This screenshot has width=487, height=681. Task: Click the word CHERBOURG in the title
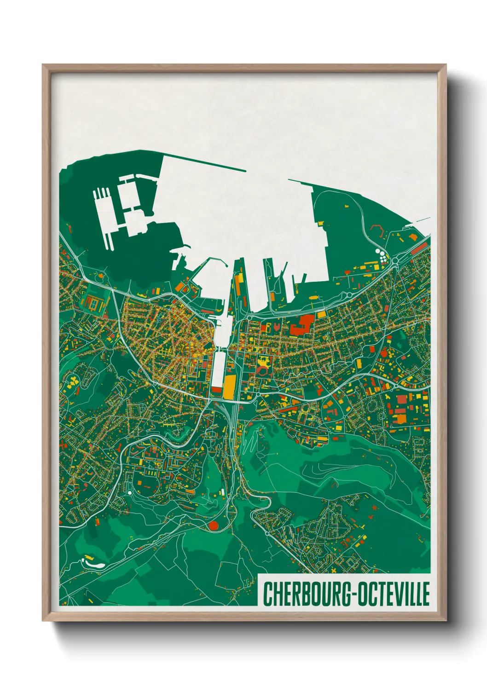306,594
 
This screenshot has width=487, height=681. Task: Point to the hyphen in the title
352,594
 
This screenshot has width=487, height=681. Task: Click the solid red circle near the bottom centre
213,525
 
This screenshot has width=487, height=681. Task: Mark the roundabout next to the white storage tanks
395,262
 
